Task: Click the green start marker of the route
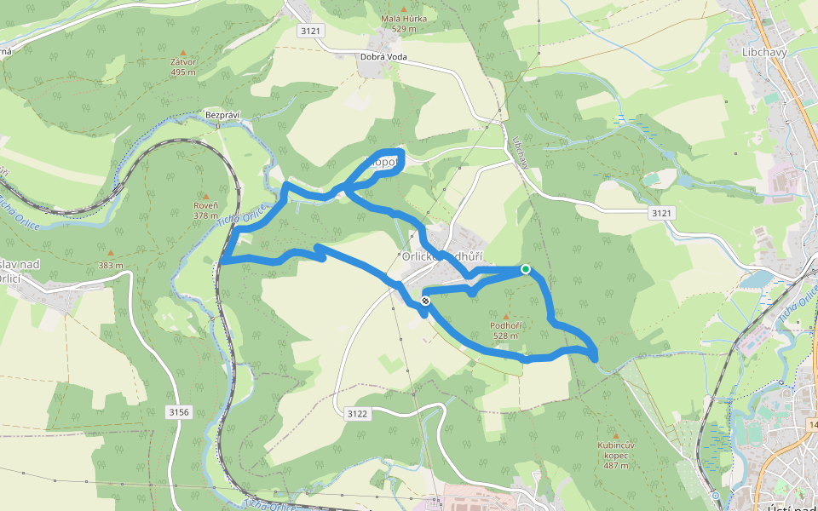[x=526, y=269]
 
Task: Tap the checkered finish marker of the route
[x=425, y=301]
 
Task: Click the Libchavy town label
[x=763, y=51]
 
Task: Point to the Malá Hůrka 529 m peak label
[x=404, y=23]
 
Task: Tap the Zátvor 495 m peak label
[x=183, y=67]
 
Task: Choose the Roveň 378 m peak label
[x=205, y=210]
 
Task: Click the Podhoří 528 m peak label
[x=505, y=330]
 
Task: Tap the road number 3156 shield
[x=178, y=412]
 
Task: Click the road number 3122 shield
[x=358, y=414]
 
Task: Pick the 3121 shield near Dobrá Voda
[x=310, y=31]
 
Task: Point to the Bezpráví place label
[x=219, y=113]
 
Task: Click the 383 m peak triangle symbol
[x=110, y=253]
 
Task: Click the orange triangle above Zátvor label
[x=183, y=52]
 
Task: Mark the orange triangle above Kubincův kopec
[x=615, y=435]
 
